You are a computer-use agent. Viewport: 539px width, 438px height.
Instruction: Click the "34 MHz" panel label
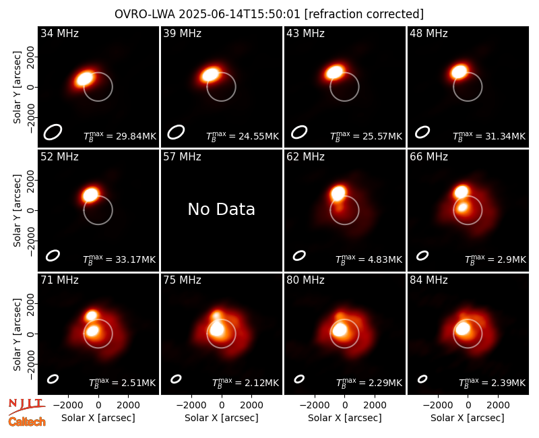(x=59, y=33)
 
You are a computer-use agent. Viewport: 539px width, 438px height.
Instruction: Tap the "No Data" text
(x=222, y=209)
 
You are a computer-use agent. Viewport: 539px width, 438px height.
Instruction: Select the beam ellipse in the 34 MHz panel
(x=53, y=132)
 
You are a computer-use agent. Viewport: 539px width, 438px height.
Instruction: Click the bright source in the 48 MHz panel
(x=459, y=72)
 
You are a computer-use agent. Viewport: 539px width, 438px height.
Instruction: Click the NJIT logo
(x=26, y=406)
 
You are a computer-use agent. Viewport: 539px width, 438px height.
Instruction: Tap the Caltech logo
(x=27, y=422)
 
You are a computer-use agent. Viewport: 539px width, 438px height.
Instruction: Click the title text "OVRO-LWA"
(x=145, y=14)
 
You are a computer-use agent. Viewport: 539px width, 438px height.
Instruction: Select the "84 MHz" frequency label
(x=429, y=280)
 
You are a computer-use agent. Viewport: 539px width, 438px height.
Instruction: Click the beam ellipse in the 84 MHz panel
(x=422, y=379)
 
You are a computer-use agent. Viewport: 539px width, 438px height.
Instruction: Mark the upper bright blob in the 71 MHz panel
(x=92, y=315)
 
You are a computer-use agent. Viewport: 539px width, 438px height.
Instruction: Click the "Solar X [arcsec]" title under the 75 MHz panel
(x=222, y=418)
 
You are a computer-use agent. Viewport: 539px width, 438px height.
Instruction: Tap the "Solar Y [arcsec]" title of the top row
(x=17, y=88)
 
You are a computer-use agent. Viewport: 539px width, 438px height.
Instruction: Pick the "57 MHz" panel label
(x=182, y=157)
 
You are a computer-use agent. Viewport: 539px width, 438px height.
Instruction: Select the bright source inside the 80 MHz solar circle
(x=340, y=330)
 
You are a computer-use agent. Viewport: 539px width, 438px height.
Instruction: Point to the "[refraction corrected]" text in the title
(x=364, y=14)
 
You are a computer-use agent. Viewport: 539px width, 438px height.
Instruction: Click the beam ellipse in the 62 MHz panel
(x=299, y=255)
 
